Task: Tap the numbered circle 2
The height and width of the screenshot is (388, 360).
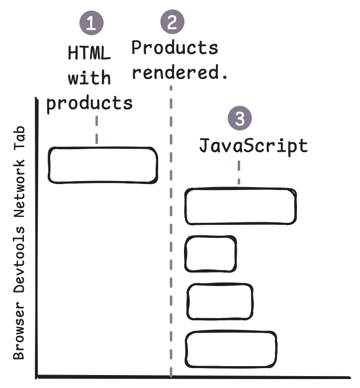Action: click(172, 22)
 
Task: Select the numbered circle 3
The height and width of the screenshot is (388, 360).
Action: click(240, 119)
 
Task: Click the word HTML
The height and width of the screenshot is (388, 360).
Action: click(90, 53)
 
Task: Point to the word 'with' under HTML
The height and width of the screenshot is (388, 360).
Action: click(90, 78)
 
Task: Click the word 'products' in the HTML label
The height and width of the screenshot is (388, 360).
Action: click(90, 103)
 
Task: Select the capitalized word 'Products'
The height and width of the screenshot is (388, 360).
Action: click(175, 48)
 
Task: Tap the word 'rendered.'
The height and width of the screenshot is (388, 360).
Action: click(180, 73)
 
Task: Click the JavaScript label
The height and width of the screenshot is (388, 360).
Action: click(254, 146)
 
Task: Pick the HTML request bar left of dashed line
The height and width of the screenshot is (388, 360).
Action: click(102, 165)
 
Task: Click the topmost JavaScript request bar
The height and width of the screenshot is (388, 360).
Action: click(241, 206)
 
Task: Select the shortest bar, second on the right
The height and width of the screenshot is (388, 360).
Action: click(210, 254)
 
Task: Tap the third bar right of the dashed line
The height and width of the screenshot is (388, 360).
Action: click(219, 301)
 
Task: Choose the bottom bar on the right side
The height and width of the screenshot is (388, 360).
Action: click(231, 349)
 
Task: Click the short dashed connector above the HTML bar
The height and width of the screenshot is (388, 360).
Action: click(96, 130)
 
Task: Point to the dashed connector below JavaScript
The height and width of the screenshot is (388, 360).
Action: click(239, 172)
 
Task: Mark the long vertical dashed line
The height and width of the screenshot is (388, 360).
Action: click(171, 229)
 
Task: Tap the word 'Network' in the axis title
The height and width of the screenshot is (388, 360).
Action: click(19, 198)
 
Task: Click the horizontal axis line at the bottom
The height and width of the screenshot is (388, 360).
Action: click(194, 378)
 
